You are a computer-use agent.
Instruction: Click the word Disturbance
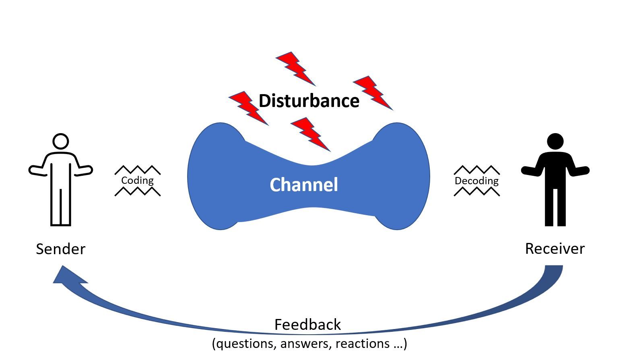tap(309, 101)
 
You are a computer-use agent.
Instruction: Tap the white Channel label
tap(304, 185)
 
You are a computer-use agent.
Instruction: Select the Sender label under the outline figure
tap(60, 249)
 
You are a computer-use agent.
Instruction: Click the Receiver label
tap(555, 249)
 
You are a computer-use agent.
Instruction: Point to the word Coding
tap(137, 181)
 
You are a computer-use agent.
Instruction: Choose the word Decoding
tap(476, 181)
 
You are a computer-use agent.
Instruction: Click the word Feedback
tap(307, 325)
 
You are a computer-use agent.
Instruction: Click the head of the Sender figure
tap(61, 141)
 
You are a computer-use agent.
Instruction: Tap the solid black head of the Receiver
tap(555, 141)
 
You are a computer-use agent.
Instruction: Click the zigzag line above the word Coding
tap(138, 170)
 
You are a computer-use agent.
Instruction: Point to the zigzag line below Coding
tap(138, 191)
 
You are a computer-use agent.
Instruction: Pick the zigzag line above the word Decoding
tap(477, 170)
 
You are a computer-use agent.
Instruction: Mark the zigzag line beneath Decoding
tap(477, 191)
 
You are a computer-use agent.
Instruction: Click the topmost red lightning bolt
tap(296, 69)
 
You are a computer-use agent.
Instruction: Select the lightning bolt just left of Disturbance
tap(249, 108)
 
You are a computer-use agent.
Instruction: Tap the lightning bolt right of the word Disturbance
tap(373, 93)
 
